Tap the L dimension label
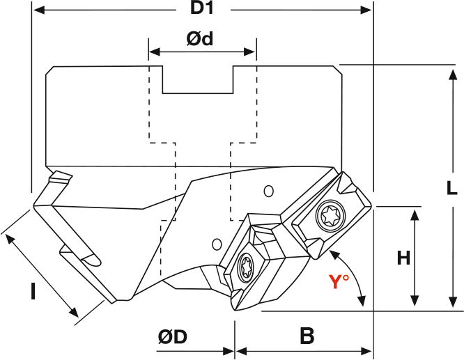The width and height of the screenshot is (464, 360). tap(451, 188)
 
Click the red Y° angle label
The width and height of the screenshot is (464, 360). tap(339, 282)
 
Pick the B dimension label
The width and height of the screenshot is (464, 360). tap(307, 337)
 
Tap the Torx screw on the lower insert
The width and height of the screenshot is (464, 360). tap(246, 267)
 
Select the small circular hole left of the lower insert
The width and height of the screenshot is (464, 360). tap(217, 244)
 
